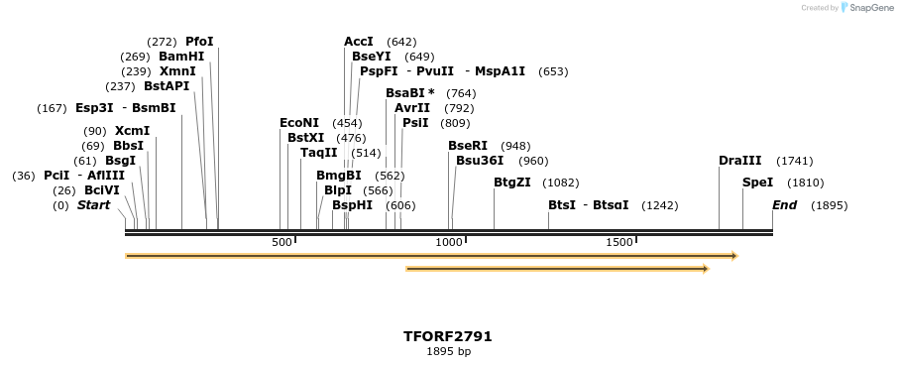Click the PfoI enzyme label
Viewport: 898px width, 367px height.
[199, 42]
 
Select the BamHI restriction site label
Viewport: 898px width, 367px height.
[181, 57]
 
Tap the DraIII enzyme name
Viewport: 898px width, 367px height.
[740, 161]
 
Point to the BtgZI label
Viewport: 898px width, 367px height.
[512, 183]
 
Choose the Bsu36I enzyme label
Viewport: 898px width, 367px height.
[480, 161]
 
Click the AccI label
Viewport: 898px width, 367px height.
[359, 42]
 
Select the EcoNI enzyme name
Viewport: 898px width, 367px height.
[299, 123]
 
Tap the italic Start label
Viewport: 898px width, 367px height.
[93, 205]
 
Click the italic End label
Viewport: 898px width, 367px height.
[784, 205]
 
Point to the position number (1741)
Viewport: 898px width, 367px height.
[795, 161]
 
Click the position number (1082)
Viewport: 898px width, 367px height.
[561, 183]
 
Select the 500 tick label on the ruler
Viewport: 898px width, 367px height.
[281, 242]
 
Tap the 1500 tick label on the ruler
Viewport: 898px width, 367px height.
[619, 242]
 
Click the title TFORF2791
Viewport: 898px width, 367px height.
[448, 336]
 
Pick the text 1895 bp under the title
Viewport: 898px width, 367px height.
[448, 351]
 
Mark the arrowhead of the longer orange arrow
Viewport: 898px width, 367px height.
[734, 256]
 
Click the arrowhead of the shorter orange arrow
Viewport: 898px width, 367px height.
[706, 268]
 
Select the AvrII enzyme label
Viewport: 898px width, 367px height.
[412, 108]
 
